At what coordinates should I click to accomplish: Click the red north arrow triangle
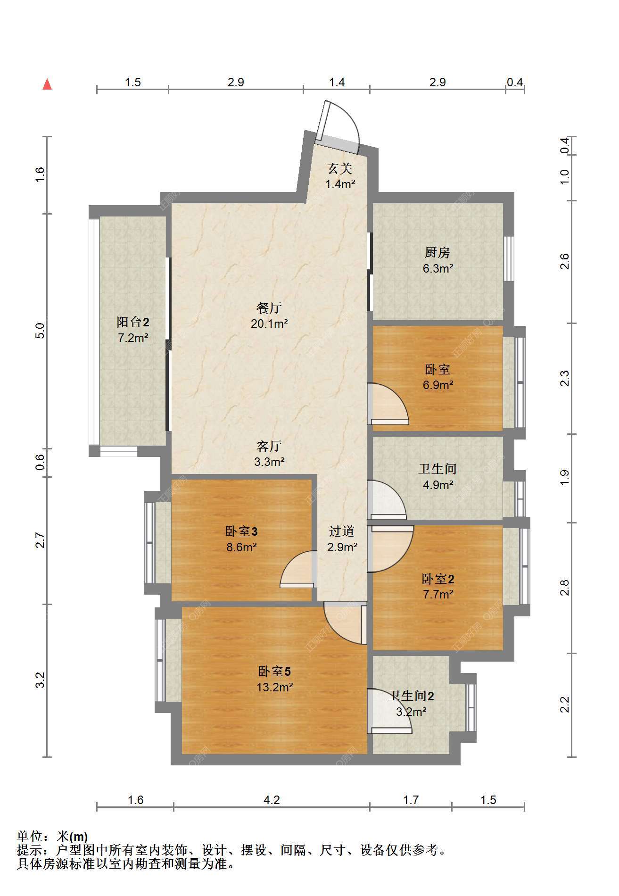[x=47, y=84]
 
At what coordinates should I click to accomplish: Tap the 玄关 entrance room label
[x=340, y=168]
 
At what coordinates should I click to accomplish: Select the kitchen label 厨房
[x=437, y=253]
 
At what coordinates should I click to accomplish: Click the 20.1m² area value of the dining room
[x=269, y=324]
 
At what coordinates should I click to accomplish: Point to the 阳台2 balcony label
[x=133, y=322]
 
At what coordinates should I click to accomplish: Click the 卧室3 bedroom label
[x=241, y=532]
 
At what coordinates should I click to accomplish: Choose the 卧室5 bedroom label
[x=274, y=671]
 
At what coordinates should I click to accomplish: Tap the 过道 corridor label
[x=342, y=531]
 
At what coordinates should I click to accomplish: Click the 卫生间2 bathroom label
[x=411, y=696]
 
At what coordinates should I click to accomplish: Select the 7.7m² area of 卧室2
[x=438, y=594]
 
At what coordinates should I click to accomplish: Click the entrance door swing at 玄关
[x=338, y=126]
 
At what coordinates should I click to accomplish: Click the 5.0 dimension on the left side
[x=40, y=330]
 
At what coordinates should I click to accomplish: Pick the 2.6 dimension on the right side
[x=564, y=261]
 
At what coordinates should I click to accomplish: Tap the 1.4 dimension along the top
[x=337, y=83]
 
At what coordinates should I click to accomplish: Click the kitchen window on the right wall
[x=509, y=258]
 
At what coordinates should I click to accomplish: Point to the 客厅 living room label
[x=269, y=446]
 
